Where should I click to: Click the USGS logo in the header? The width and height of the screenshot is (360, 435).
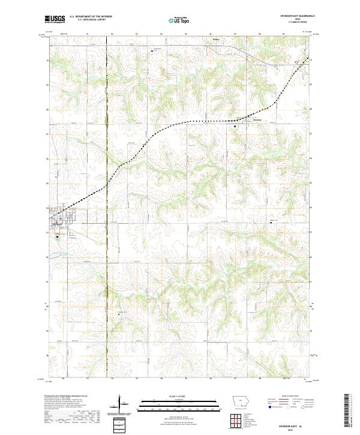tap(55, 19)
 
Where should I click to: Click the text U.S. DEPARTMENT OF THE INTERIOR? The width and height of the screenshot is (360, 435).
tap(91, 17)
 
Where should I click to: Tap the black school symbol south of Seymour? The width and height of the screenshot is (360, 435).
tap(57, 236)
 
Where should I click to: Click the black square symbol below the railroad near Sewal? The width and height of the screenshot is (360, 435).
tap(235, 127)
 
